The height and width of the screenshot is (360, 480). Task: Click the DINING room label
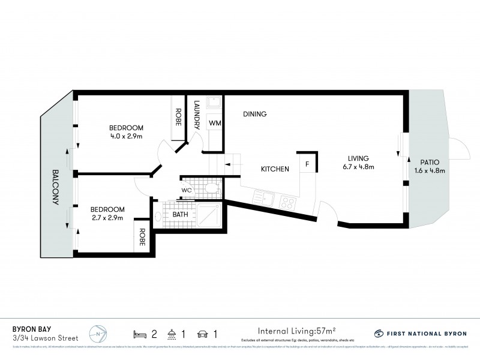255,114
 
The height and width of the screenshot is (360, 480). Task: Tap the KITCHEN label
275,169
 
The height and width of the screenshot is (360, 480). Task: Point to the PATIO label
430,162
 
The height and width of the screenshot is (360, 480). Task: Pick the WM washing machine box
215,123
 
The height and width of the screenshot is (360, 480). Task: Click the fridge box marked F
307,164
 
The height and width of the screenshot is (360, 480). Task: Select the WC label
187,191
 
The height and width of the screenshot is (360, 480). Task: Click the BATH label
180,214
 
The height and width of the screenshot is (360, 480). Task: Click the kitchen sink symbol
264,197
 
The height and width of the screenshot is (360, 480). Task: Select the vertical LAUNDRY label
196,115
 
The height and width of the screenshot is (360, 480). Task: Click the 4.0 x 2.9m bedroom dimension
126,136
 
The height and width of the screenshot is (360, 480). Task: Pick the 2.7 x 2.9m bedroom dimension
107,218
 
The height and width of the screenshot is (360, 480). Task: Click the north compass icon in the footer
97,332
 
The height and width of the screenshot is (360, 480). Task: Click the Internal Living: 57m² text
296,330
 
